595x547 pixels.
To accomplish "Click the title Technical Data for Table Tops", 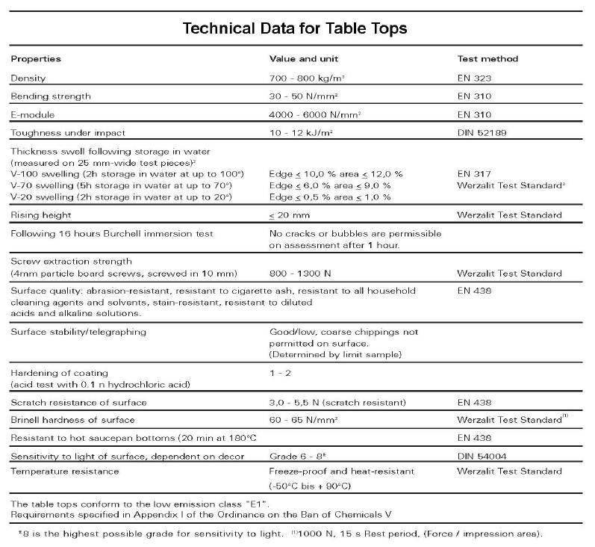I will pyautogui.click(x=295, y=29).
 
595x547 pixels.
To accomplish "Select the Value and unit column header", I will pyautogui.click(x=303, y=58).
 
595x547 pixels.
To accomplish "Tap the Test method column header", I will pyautogui.click(x=487, y=58).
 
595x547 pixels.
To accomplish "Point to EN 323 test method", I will pyautogui.click(x=474, y=78).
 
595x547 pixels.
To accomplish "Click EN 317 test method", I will pyautogui.click(x=474, y=173).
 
